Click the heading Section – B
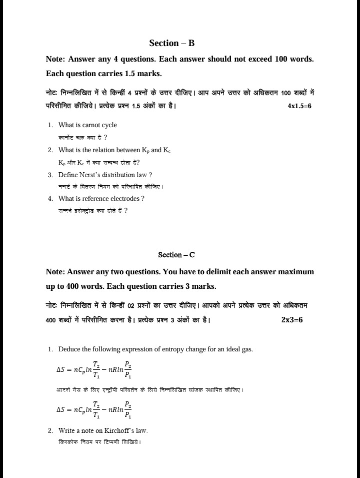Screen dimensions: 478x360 [x=171, y=43]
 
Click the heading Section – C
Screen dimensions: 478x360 [x=176, y=255]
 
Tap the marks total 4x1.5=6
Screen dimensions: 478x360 [x=299, y=106]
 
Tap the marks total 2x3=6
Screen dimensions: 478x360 [x=292, y=320]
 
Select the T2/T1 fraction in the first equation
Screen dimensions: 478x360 [x=96, y=369]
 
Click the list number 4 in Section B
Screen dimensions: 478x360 [x=50, y=199]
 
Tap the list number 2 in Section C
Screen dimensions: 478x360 [x=50, y=430]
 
